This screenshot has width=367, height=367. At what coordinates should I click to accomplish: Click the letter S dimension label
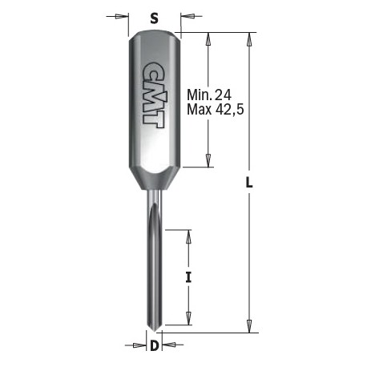tap(154, 18)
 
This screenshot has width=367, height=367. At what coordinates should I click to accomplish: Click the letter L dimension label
tap(249, 183)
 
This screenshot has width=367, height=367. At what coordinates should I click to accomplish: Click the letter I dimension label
tap(188, 277)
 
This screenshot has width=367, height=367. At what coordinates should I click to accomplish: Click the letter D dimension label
tap(155, 346)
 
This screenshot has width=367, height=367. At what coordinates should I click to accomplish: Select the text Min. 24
tap(209, 95)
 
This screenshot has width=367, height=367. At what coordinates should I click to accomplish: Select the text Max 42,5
tap(216, 109)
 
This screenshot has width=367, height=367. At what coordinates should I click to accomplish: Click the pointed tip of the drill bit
tap(155, 332)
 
